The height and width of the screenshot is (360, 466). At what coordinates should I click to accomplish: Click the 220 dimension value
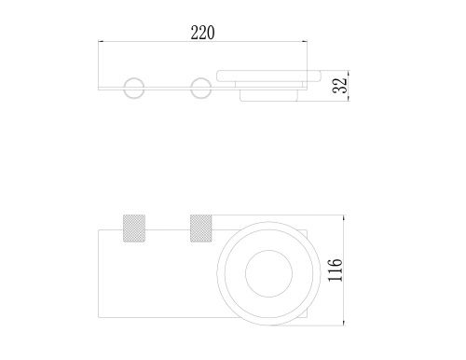click(202, 33)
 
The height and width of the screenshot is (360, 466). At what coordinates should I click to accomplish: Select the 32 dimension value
click(339, 85)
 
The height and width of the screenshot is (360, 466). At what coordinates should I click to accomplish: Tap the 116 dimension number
click(336, 270)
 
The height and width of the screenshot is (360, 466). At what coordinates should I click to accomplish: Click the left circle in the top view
click(134, 88)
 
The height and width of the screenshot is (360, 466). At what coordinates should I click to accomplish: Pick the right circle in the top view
click(200, 88)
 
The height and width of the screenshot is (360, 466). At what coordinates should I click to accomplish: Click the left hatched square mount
click(134, 228)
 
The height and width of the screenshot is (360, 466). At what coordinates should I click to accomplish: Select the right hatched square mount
click(201, 228)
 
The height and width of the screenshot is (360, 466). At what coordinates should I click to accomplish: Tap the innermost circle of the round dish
click(268, 250)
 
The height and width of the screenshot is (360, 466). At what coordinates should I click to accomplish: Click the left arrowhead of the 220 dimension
click(101, 41)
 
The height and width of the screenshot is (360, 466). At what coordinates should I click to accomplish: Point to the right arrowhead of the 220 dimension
click(305, 41)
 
